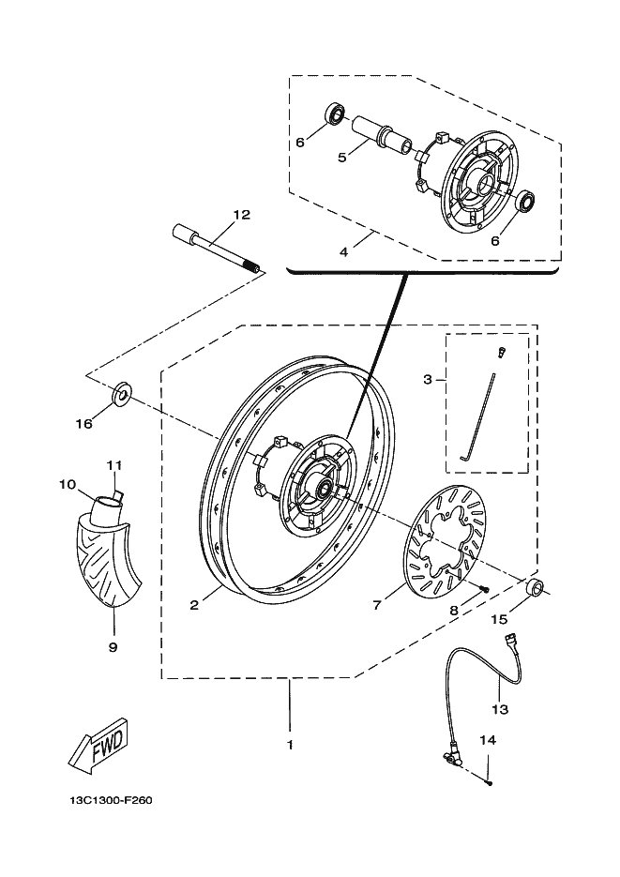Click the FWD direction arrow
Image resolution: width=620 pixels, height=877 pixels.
click(x=98, y=746)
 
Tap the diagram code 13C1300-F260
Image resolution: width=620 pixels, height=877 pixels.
click(x=111, y=800)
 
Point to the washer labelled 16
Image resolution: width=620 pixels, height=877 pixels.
click(x=122, y=395)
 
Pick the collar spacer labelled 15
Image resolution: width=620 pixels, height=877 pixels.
click(x=534, y=588)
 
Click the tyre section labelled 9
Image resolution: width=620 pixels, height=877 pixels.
click(x=106, y=564)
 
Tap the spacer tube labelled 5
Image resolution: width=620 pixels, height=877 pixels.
click(x=378, y=133)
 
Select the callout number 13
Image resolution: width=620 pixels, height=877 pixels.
click(x=500, y=709)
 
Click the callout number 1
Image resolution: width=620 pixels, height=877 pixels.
click(x=290, y=745)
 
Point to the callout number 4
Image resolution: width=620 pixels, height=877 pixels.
click(x=344, y=252)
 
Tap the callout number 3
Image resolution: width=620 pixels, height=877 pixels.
click(x=427, y=380)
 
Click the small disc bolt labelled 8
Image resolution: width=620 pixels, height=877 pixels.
click(x=484, y=588)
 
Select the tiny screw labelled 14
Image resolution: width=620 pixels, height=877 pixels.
click(x=490, y=783)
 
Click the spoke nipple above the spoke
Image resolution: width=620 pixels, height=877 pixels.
click(x=501, y=353)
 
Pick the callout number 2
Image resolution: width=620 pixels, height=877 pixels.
click(x=194, y=605)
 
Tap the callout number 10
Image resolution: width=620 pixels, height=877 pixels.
click(x=68, y=484)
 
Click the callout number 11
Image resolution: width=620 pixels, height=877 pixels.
click(x=114, y=465)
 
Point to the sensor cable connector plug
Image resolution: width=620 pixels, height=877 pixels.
click(x=509, y=640)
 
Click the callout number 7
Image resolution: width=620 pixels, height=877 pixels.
click(x=377, y=605)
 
